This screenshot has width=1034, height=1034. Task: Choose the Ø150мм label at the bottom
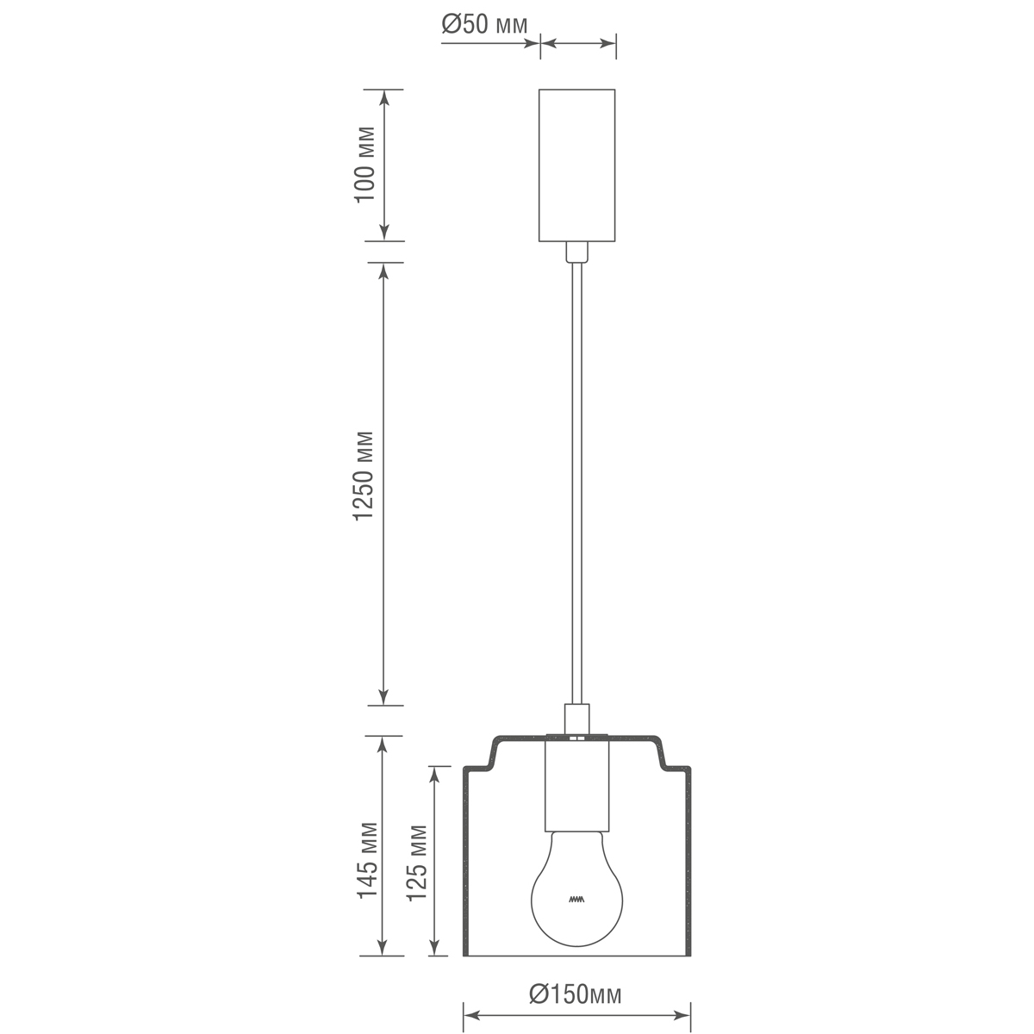coord(575,994)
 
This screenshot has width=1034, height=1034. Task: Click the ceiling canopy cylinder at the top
coord(576,165)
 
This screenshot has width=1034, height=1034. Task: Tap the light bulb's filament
coord(576,900)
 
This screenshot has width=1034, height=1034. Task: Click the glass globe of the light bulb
coord(576,888)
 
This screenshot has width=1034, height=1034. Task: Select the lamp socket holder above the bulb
coord(576,782)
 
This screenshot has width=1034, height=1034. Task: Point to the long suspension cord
coord(576,483)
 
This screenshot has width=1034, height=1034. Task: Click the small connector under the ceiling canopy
coord(576,252)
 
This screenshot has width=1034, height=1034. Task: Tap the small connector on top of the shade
coord(576,717)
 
